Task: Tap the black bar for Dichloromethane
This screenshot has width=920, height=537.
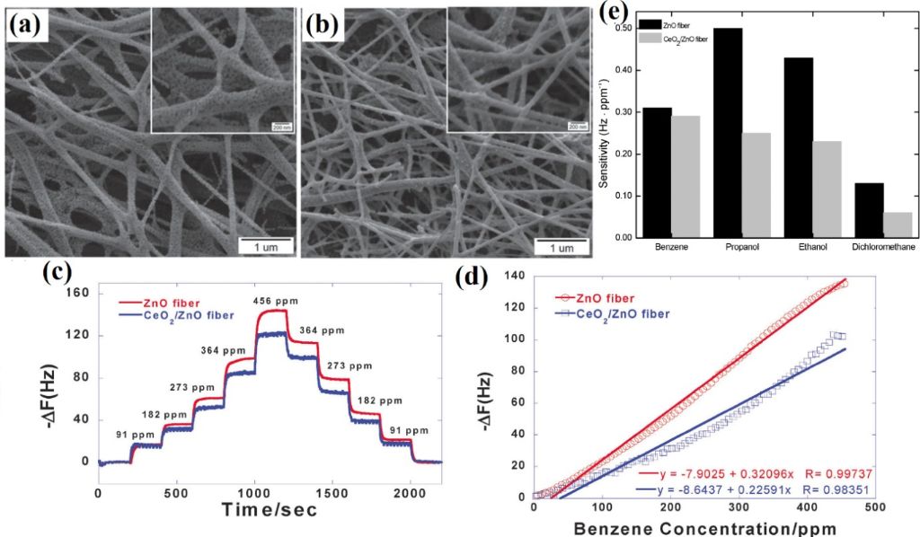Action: tap(869, 210)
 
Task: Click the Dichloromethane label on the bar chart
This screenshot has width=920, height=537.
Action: tap(880, 245)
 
